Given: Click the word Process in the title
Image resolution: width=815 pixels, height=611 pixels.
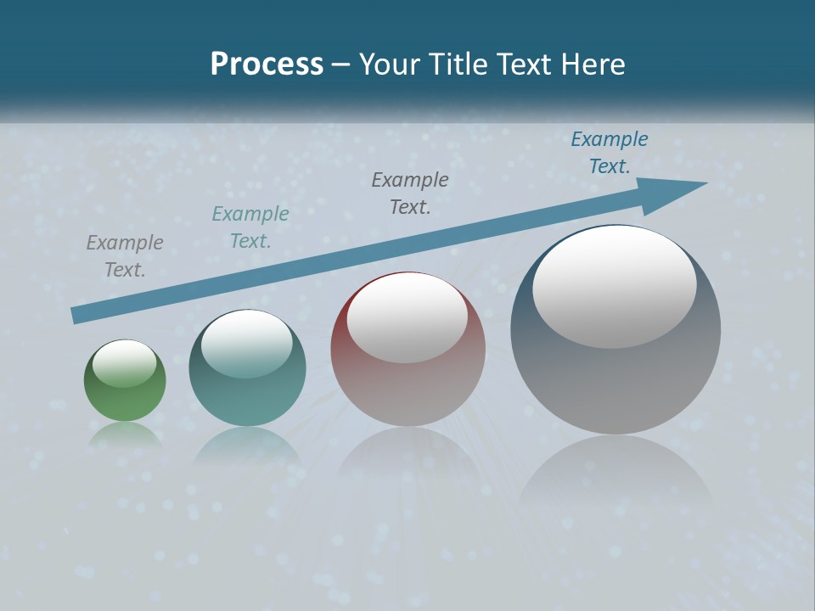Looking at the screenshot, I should coord(267,64).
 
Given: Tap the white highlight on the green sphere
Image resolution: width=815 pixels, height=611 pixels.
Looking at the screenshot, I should coord(125,363).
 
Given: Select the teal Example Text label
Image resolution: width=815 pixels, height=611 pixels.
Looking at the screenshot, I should coord(250,227).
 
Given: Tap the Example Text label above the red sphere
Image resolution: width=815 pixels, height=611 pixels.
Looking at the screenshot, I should coord(410,193).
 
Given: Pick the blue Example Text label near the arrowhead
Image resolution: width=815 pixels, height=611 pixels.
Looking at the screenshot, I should coord(610,153).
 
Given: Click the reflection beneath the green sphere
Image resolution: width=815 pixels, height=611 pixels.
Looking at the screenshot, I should coord(126,434).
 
